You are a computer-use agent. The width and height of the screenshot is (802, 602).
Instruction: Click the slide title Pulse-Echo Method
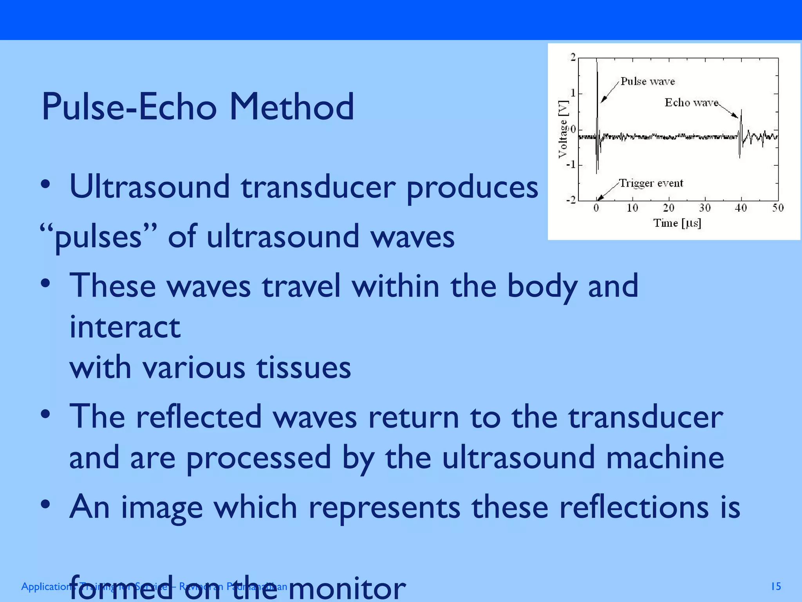click(198, 107)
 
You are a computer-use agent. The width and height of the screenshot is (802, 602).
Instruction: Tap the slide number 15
click(776, 586)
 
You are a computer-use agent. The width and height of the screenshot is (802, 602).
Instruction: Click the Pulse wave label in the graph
click(648, 82)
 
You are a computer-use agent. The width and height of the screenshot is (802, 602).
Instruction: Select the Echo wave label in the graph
click(691, 103)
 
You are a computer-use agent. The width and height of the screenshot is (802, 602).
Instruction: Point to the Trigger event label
click(651, 183)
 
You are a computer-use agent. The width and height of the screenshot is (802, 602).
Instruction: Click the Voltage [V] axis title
click(563, 129)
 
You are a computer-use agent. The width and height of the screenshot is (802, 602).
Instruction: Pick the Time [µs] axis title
click(677, 223)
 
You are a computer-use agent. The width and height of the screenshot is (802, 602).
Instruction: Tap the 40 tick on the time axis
click(741, 208)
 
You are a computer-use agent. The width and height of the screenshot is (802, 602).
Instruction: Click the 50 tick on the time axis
click(778, 208)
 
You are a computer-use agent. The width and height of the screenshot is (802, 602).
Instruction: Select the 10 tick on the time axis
click(632, 208)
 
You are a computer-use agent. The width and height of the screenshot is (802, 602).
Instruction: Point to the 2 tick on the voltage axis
click(573, 58)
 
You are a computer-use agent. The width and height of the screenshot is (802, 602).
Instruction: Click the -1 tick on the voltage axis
click(571, 165)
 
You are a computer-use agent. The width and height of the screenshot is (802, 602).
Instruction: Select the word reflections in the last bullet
click(633, 507)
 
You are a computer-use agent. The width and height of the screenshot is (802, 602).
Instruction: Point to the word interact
click(125, 327)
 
